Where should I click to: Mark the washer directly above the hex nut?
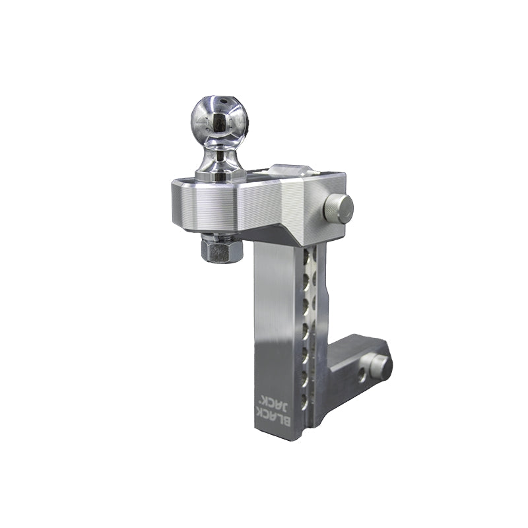[x=220, y=236]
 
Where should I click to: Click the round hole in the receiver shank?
[x=360, y=374]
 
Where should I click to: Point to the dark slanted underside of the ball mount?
[x=290, y=231]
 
